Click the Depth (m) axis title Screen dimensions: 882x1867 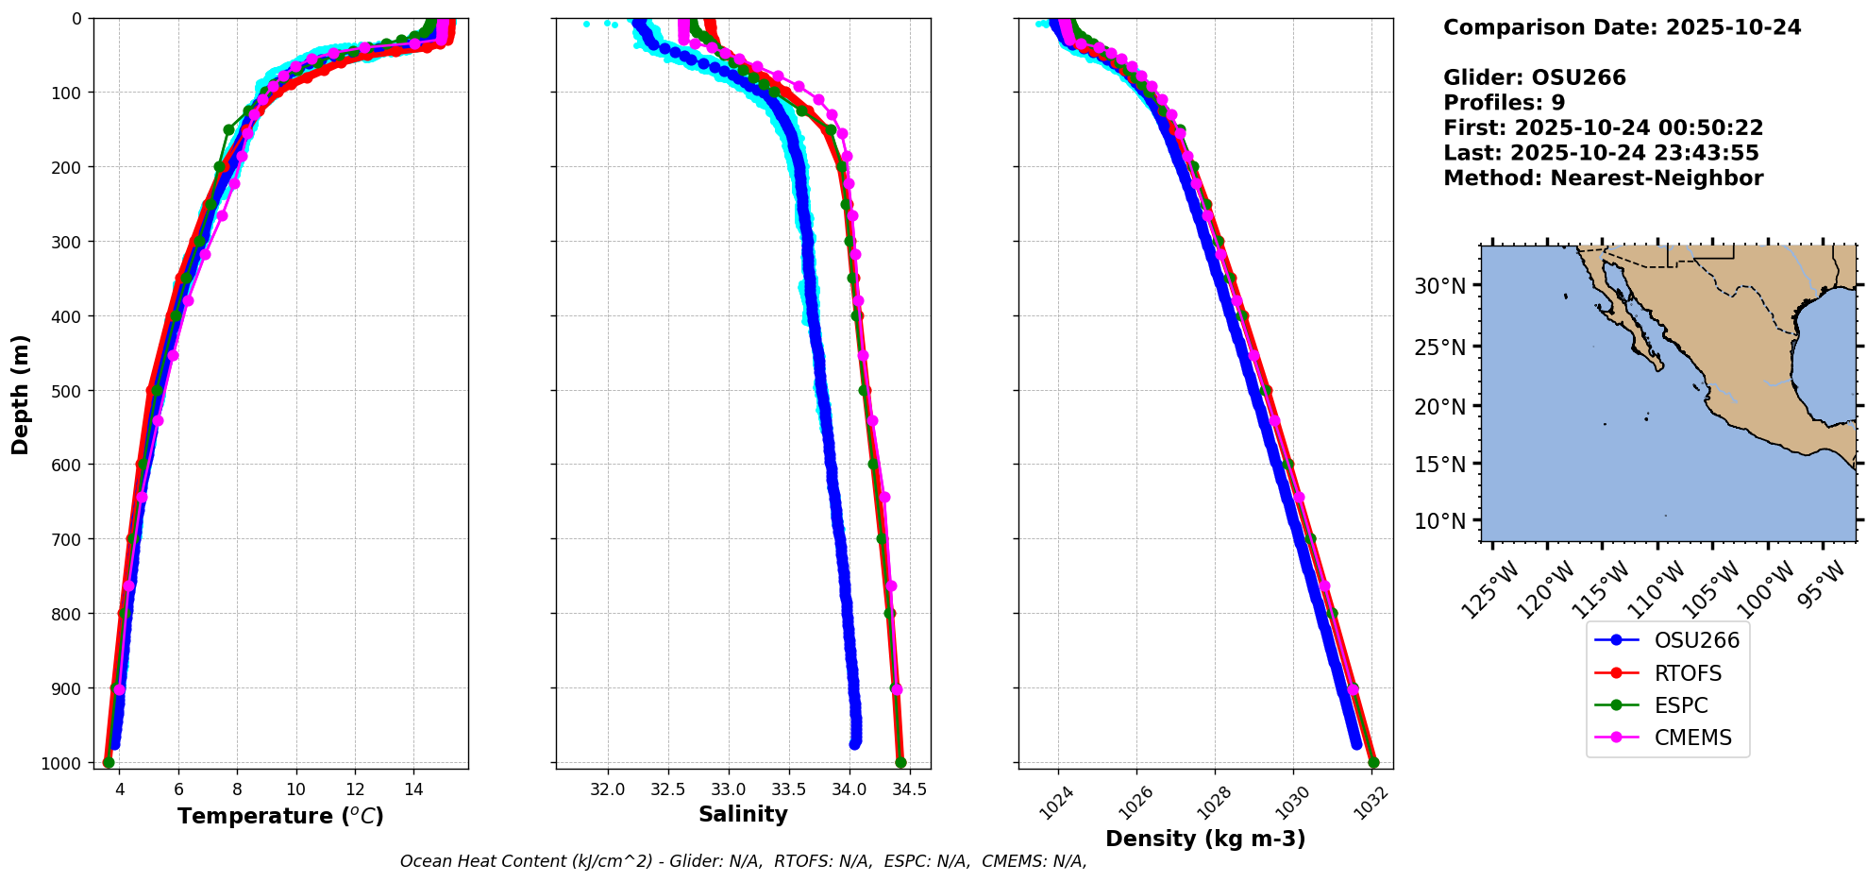pos(21,394)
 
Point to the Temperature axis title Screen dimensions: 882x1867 pos(280,816)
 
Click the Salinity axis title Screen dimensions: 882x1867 pos(743,814)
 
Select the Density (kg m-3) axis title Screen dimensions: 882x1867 pos(1205,839)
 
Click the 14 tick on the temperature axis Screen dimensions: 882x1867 pos(413,789)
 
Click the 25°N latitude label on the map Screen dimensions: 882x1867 pos(1439,348)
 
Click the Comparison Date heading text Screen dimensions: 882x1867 pos(1622,27)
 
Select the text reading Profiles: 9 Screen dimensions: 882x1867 pos(1504,103)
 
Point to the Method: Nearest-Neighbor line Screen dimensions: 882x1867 pos(1603,178)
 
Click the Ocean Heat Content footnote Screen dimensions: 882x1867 pos(743,861)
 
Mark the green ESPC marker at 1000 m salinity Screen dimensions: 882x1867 pos(900,762)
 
